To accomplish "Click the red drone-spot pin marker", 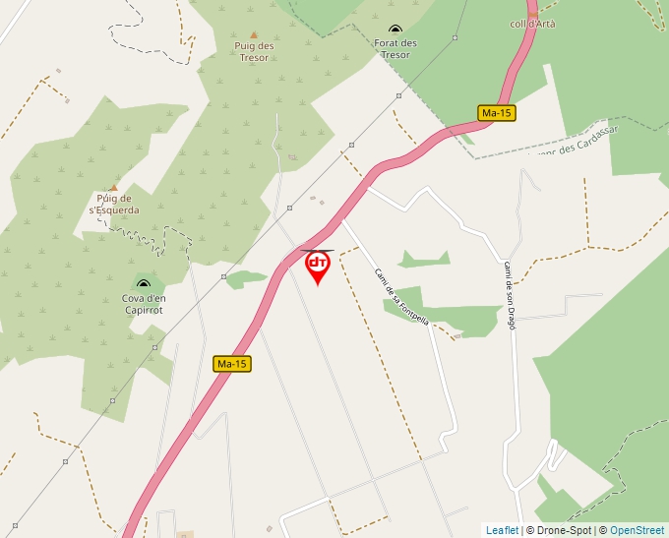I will tap(317, 266).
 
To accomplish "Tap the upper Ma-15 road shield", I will tap(497, 113).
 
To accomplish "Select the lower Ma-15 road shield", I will tap(232, 364).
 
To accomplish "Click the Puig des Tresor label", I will tap(254, 50).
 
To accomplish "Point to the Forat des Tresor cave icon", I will tap(395, 30).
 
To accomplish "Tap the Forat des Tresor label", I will tap(395, 48).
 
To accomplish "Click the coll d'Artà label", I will tap(532, 24).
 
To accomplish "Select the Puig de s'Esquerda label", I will tap(114, 204).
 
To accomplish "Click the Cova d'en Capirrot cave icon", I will tap(144, 284).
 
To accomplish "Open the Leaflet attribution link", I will tap(502, 530).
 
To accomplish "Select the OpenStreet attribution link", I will tap(637, 530).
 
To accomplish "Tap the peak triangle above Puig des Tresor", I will tap(254, 33).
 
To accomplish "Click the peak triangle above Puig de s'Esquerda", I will tap(113, 187).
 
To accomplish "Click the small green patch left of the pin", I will tap(246, 278).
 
